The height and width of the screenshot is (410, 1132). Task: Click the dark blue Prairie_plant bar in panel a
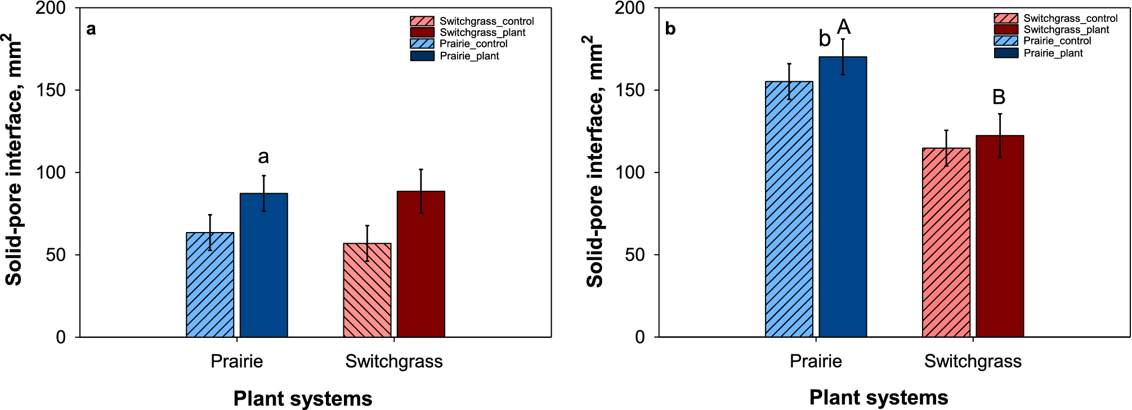263,265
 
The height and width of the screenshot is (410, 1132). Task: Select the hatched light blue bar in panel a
210,284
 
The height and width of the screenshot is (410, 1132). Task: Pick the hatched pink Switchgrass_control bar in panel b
946,242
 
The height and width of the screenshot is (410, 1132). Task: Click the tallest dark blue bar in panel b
843,197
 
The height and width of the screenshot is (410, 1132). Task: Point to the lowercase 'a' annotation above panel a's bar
263,157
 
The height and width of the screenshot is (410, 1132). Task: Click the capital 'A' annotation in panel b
843,26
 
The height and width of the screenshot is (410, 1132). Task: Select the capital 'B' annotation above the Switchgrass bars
999,97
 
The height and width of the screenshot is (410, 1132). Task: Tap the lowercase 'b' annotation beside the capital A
825,39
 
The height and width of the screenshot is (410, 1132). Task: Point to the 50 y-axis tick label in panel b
634,255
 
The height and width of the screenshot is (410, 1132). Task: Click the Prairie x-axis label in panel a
236,361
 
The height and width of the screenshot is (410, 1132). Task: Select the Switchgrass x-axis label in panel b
972,361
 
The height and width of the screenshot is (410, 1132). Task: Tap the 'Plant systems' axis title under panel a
303,398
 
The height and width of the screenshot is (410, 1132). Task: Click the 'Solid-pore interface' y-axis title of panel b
594,161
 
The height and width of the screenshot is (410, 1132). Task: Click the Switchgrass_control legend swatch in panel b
1005,18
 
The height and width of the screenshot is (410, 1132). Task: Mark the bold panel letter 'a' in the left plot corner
91,29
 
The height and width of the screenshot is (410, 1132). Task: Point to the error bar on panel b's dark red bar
1000,135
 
